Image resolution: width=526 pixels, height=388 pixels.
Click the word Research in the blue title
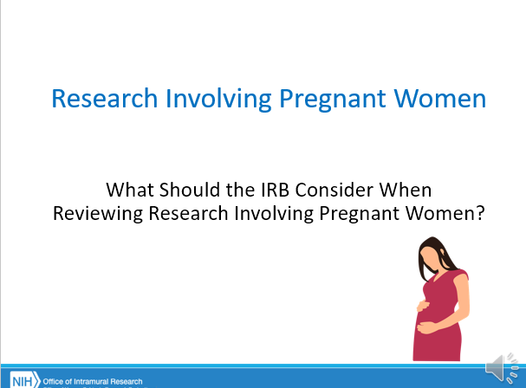pos(105,98)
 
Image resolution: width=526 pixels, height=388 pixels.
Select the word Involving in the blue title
pos(218,100)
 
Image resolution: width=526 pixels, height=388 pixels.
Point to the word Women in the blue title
pos(440,98)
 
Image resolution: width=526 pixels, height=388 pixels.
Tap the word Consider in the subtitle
pos(334,190)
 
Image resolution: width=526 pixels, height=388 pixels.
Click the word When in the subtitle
pos(406,190)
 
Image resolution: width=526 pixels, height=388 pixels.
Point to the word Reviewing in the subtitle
pos(98,214)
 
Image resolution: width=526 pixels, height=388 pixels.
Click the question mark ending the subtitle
pos(481,213)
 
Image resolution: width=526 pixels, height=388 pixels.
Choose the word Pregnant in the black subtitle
pos(360,214)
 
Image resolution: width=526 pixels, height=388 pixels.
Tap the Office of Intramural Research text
pos(93,381)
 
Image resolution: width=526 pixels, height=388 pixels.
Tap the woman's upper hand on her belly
pos(423,306)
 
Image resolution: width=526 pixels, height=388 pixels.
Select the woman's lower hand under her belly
pos(426,327)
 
